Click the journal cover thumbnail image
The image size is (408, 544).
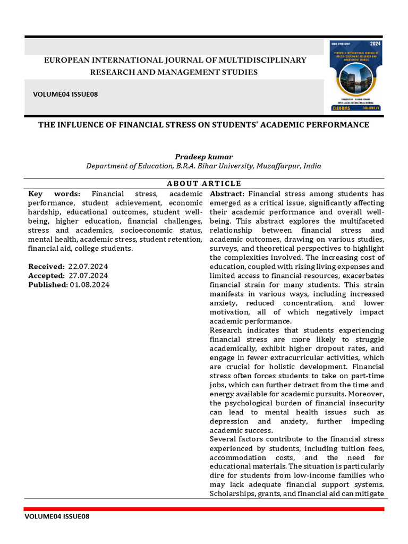tap(356, 76)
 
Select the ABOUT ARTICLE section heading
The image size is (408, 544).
tap(203, 184)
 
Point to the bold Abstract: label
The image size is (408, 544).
tap(227, 194)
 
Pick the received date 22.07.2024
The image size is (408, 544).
tap(88, 266)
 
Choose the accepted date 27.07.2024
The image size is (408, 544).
tap(88, 275)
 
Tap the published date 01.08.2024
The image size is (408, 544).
tap(90, 284)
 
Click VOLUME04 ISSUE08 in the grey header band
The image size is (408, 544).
tap(65, 94)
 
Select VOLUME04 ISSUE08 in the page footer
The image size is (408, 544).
tap(57, 517)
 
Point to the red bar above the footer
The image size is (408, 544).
tap(204, 509)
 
